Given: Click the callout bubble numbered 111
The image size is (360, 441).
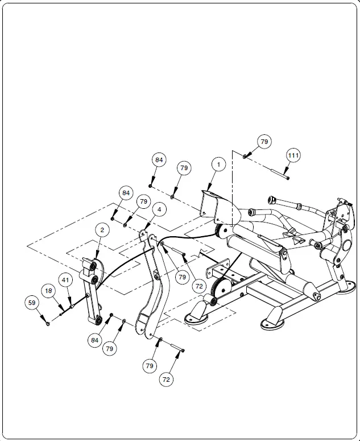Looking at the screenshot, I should [293, 155].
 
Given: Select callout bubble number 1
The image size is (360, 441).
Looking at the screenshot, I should [218, 164].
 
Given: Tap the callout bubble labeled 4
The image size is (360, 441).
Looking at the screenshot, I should [159, 209].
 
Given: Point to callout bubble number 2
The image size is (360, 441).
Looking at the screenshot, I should [102, 230].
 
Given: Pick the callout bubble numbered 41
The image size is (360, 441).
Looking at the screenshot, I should [66, 280].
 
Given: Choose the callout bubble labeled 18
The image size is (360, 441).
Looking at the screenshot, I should [49, 291].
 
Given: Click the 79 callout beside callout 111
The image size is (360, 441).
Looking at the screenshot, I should [263, 141].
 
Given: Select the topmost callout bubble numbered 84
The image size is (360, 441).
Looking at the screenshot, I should [159, 160].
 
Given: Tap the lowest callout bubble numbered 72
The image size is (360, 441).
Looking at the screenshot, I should [166, 378].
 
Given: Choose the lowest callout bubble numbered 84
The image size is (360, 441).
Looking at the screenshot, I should [94, 340].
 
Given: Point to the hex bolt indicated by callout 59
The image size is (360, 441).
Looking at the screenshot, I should [48, 323].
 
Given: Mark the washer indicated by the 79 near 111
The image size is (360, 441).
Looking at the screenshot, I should [245, 156].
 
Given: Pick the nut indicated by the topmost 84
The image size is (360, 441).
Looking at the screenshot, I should [151, 185].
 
